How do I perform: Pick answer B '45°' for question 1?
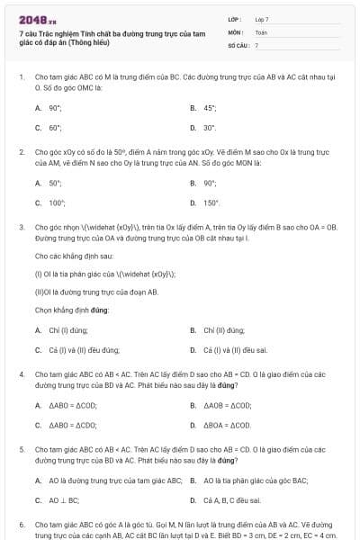pyautogui.click(x=210, y=107)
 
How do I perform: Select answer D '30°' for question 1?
pyautogui.click(x=210, y=128)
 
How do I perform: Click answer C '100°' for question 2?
pyautogui.click(x=57, y=202)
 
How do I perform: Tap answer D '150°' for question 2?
pyautogui.click(x=211, y=202)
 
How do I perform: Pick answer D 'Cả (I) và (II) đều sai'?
pyautogui.click(x=235, y=349)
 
